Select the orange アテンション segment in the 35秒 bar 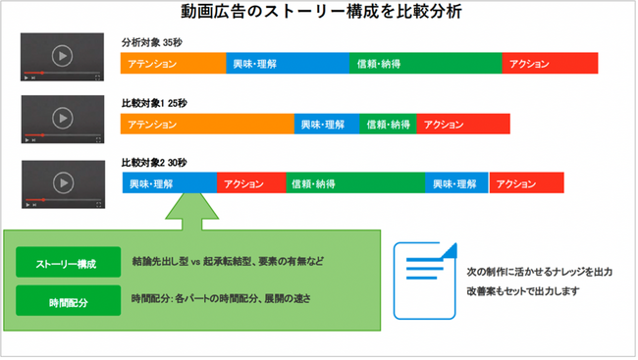[173, 65]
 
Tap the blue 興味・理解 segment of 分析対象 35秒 [288, 65]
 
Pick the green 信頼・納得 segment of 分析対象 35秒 [425, 65]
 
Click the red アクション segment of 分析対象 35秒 [550, 65]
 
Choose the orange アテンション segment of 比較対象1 [207, 125]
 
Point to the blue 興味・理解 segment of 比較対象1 [326, 125]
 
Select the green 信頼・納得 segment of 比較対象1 [388, 125]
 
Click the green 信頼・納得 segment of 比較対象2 [355, 183]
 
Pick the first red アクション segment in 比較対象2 [251, 183]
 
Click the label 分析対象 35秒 [151, 43]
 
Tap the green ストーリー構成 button [67, 263]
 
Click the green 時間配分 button [67, 301]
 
